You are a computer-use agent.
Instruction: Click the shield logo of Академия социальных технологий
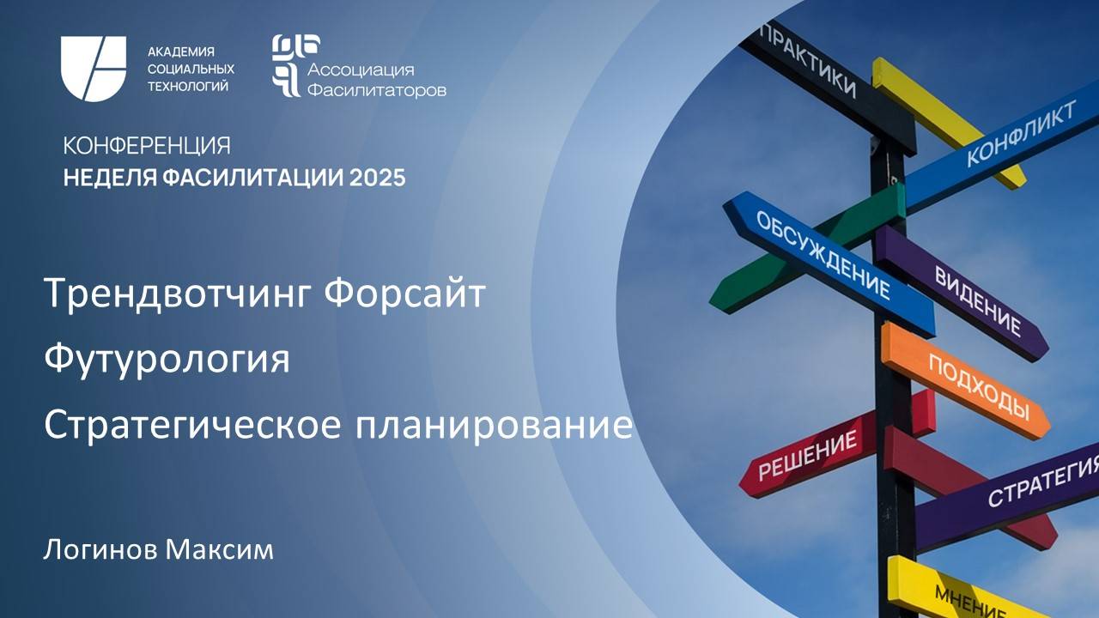[x=93, y=69]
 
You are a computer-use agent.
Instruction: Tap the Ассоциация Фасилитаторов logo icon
[x=286, y=65]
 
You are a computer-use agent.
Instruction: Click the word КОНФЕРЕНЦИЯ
[x=147, y=146]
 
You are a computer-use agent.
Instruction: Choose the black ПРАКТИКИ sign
[x=808, y=59]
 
